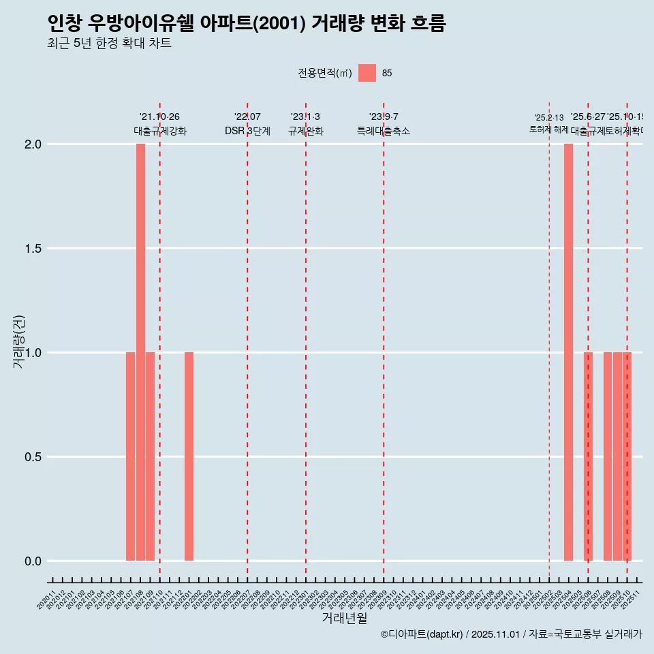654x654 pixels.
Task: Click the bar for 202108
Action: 140,352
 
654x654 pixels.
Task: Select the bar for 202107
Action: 130,456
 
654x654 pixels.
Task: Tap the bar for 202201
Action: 189,456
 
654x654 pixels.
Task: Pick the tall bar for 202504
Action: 568,352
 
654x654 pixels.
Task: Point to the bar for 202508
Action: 607,456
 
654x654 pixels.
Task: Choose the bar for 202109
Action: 150,456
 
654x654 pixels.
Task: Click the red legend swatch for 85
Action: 367,73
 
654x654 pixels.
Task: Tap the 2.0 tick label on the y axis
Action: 33,144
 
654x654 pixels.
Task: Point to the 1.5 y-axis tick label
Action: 33,249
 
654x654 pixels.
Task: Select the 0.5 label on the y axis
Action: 33,457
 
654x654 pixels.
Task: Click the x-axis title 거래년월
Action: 344,619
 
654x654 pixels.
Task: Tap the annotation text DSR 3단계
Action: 247,131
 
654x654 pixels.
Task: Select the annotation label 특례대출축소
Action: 384,131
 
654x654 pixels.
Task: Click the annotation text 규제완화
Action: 305,131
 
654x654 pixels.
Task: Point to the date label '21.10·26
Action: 159,117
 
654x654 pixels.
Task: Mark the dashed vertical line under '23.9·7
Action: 384,341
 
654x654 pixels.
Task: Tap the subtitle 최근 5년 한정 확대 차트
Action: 109,44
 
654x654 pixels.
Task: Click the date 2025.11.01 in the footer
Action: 495,634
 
